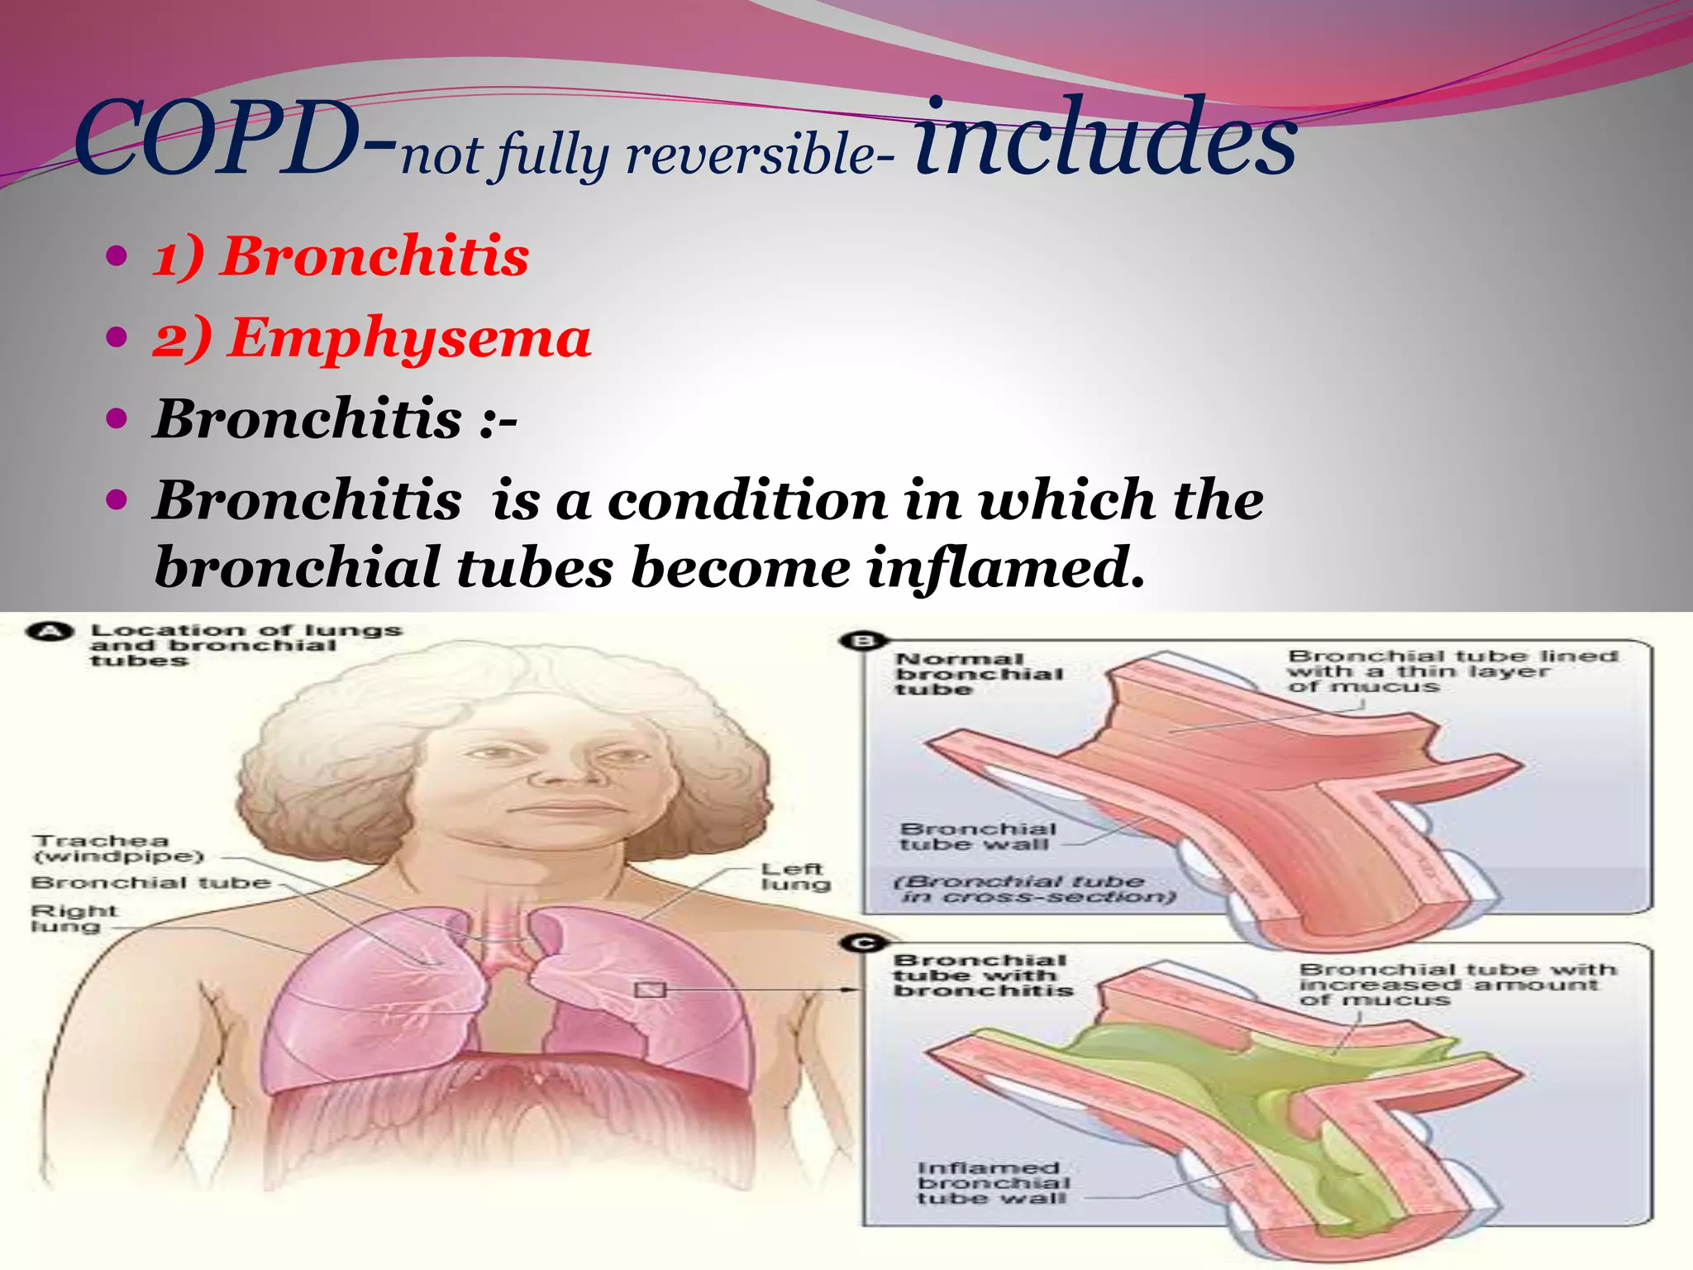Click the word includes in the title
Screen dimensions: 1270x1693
coord(1105,136)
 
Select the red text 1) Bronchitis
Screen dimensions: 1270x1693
coord(341,256)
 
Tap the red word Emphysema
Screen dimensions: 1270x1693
coord(410,338)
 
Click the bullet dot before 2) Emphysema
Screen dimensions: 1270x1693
coord(117,337)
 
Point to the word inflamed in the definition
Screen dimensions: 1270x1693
coord(1004,569)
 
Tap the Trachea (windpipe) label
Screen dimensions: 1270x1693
coord(118,848)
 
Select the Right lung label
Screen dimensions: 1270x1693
coord(74,919)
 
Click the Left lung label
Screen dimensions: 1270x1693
coord(794,876)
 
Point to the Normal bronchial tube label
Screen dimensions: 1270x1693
coord(979,674)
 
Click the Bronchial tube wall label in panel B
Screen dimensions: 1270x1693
coord(978,836)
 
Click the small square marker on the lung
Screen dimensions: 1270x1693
coord(650,990)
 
